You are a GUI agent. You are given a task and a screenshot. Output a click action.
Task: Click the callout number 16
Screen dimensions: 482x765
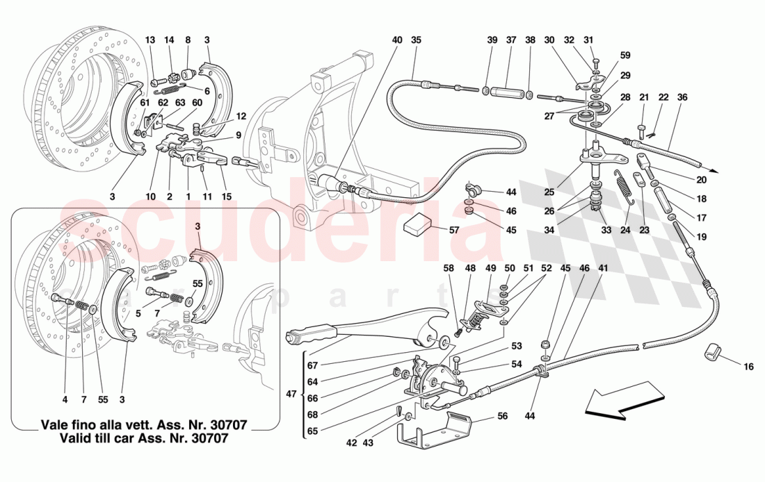point(748,366)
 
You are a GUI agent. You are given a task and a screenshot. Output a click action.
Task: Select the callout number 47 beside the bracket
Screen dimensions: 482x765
point(291,395)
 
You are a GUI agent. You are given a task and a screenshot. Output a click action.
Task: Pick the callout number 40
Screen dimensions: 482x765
point(396,40)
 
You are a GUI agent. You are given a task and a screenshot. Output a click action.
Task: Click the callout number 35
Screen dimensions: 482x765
point(416,40)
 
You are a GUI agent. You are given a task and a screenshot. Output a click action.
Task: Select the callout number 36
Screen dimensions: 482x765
point(682,97)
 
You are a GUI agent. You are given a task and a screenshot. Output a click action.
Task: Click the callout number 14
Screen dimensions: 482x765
point(169,40)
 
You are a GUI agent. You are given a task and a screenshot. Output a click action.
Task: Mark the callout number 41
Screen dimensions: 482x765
point(602,268)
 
